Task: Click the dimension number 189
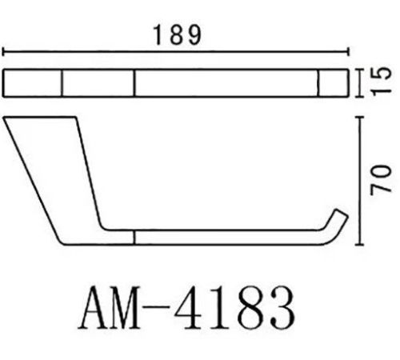coord(177,35)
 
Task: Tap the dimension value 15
coord(382,82)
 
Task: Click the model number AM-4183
coord(186,308)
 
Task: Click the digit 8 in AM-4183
coord(250,308)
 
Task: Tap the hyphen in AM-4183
coord(156,306)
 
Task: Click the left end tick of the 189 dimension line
coord(3,51)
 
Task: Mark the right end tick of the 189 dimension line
coord(348,51)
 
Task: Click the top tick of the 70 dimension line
coord(360,117)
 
